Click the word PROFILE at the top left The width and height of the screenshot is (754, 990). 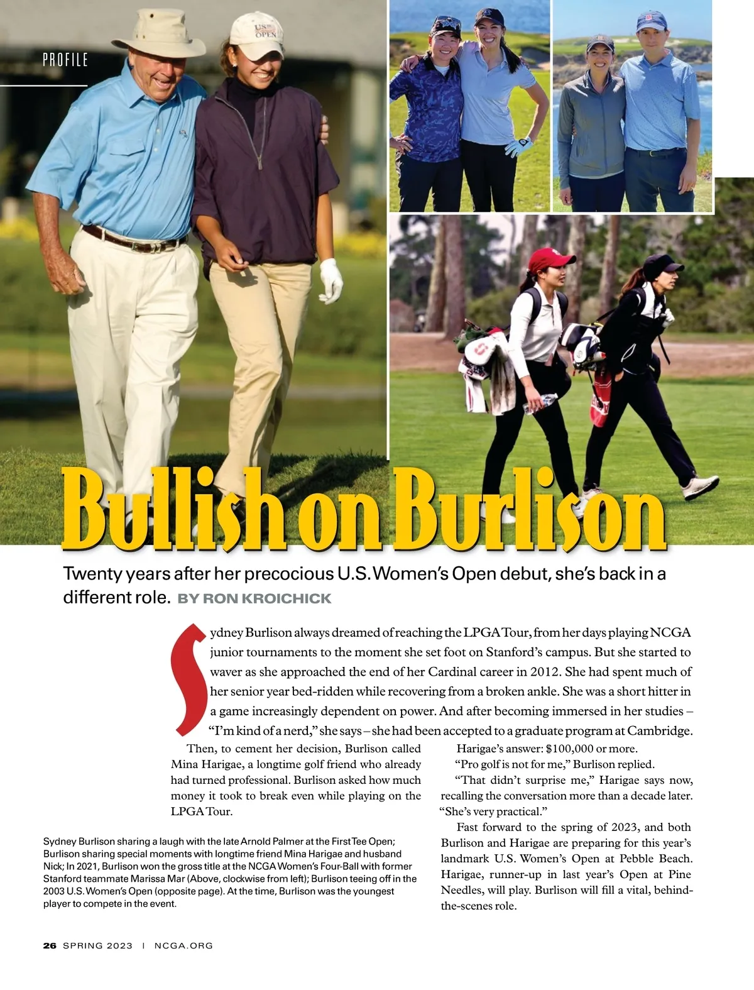65,60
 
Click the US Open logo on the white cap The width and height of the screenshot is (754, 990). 265,30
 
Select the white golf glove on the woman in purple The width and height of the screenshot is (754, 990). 331,280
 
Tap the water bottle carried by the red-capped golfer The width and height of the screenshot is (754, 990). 540,403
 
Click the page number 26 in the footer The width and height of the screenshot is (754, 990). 50,945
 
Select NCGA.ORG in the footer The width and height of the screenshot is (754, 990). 183,945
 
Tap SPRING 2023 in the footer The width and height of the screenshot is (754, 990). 98,945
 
